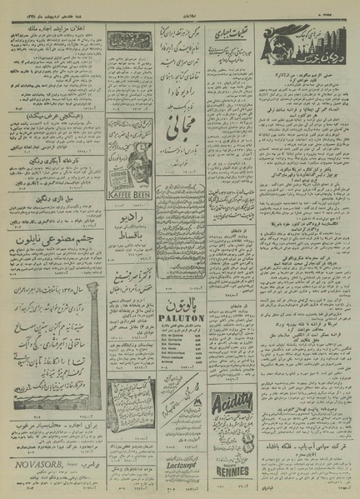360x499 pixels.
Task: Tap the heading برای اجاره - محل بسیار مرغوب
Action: click(52, 447)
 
